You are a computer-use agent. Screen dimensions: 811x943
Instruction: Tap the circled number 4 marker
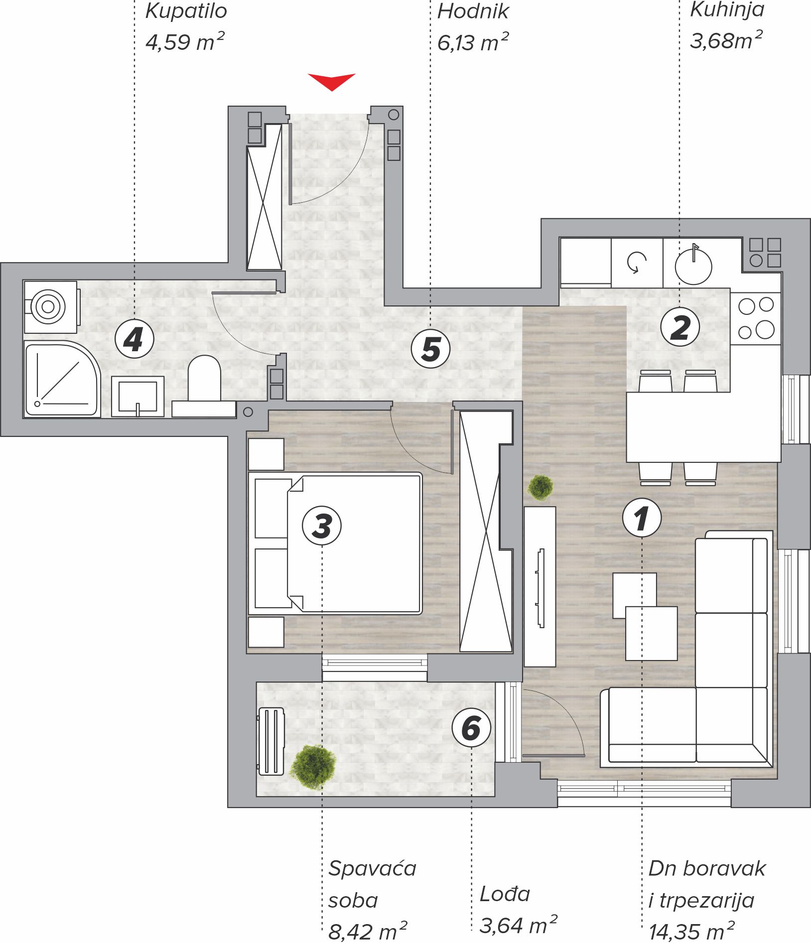(134, 339)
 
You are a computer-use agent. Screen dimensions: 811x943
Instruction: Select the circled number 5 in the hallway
(430, 349)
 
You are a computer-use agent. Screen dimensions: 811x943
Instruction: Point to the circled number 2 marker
(680, 327)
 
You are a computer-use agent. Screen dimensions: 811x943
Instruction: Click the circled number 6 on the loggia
(471, 727)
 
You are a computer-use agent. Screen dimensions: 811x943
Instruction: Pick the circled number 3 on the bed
(322, 526)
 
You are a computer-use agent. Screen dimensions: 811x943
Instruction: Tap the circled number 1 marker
(642, 518)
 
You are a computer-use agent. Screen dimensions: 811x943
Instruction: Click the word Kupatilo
(186, 11)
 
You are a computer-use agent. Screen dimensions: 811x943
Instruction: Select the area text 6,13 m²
(473, 42)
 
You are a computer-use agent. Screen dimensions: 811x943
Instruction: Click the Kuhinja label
(727, 10)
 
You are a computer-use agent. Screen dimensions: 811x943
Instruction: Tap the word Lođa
(505, 894)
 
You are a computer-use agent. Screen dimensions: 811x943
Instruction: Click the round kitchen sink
(693, 266)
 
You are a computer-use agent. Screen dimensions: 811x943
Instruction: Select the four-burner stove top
(756, 318)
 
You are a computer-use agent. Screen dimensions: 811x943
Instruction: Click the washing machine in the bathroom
(51, 307)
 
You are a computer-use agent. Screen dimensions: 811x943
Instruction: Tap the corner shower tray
(62, 379)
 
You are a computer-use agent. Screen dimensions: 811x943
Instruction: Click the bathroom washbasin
(137, 397)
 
